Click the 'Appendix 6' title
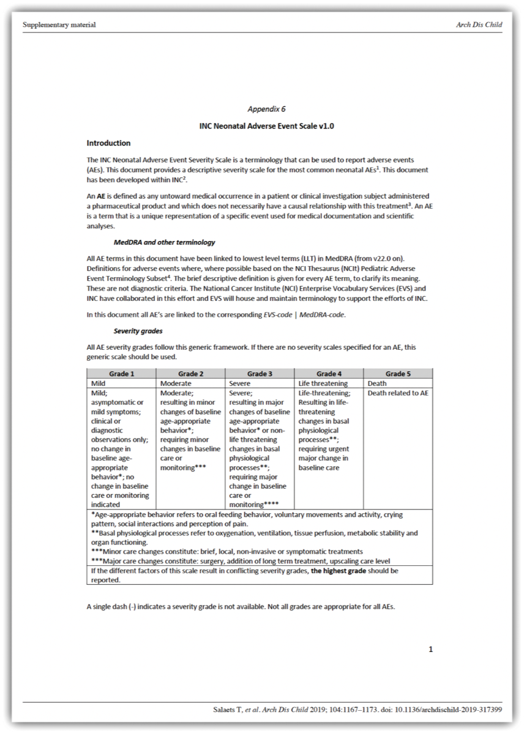coord(266,109)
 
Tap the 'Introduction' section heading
coord(108,143)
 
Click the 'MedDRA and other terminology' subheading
coord(164,243)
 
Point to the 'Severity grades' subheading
coord(138,332)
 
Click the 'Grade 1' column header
coord(121,374)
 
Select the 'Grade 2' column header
coord(190,374)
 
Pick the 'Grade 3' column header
coord(260,374)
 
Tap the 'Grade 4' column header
coord(329,374)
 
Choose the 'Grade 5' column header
coord(398,374)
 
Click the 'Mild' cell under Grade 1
coord(98,384)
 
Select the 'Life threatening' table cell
coord(323,384)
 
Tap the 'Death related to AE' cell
coord(398,393)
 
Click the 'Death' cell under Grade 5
coord(377,384)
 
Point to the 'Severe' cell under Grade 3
coord(239,384)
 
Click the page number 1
coord(430,650)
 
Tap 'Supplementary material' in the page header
coord(59,25)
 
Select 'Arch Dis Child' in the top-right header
coord(479,25)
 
